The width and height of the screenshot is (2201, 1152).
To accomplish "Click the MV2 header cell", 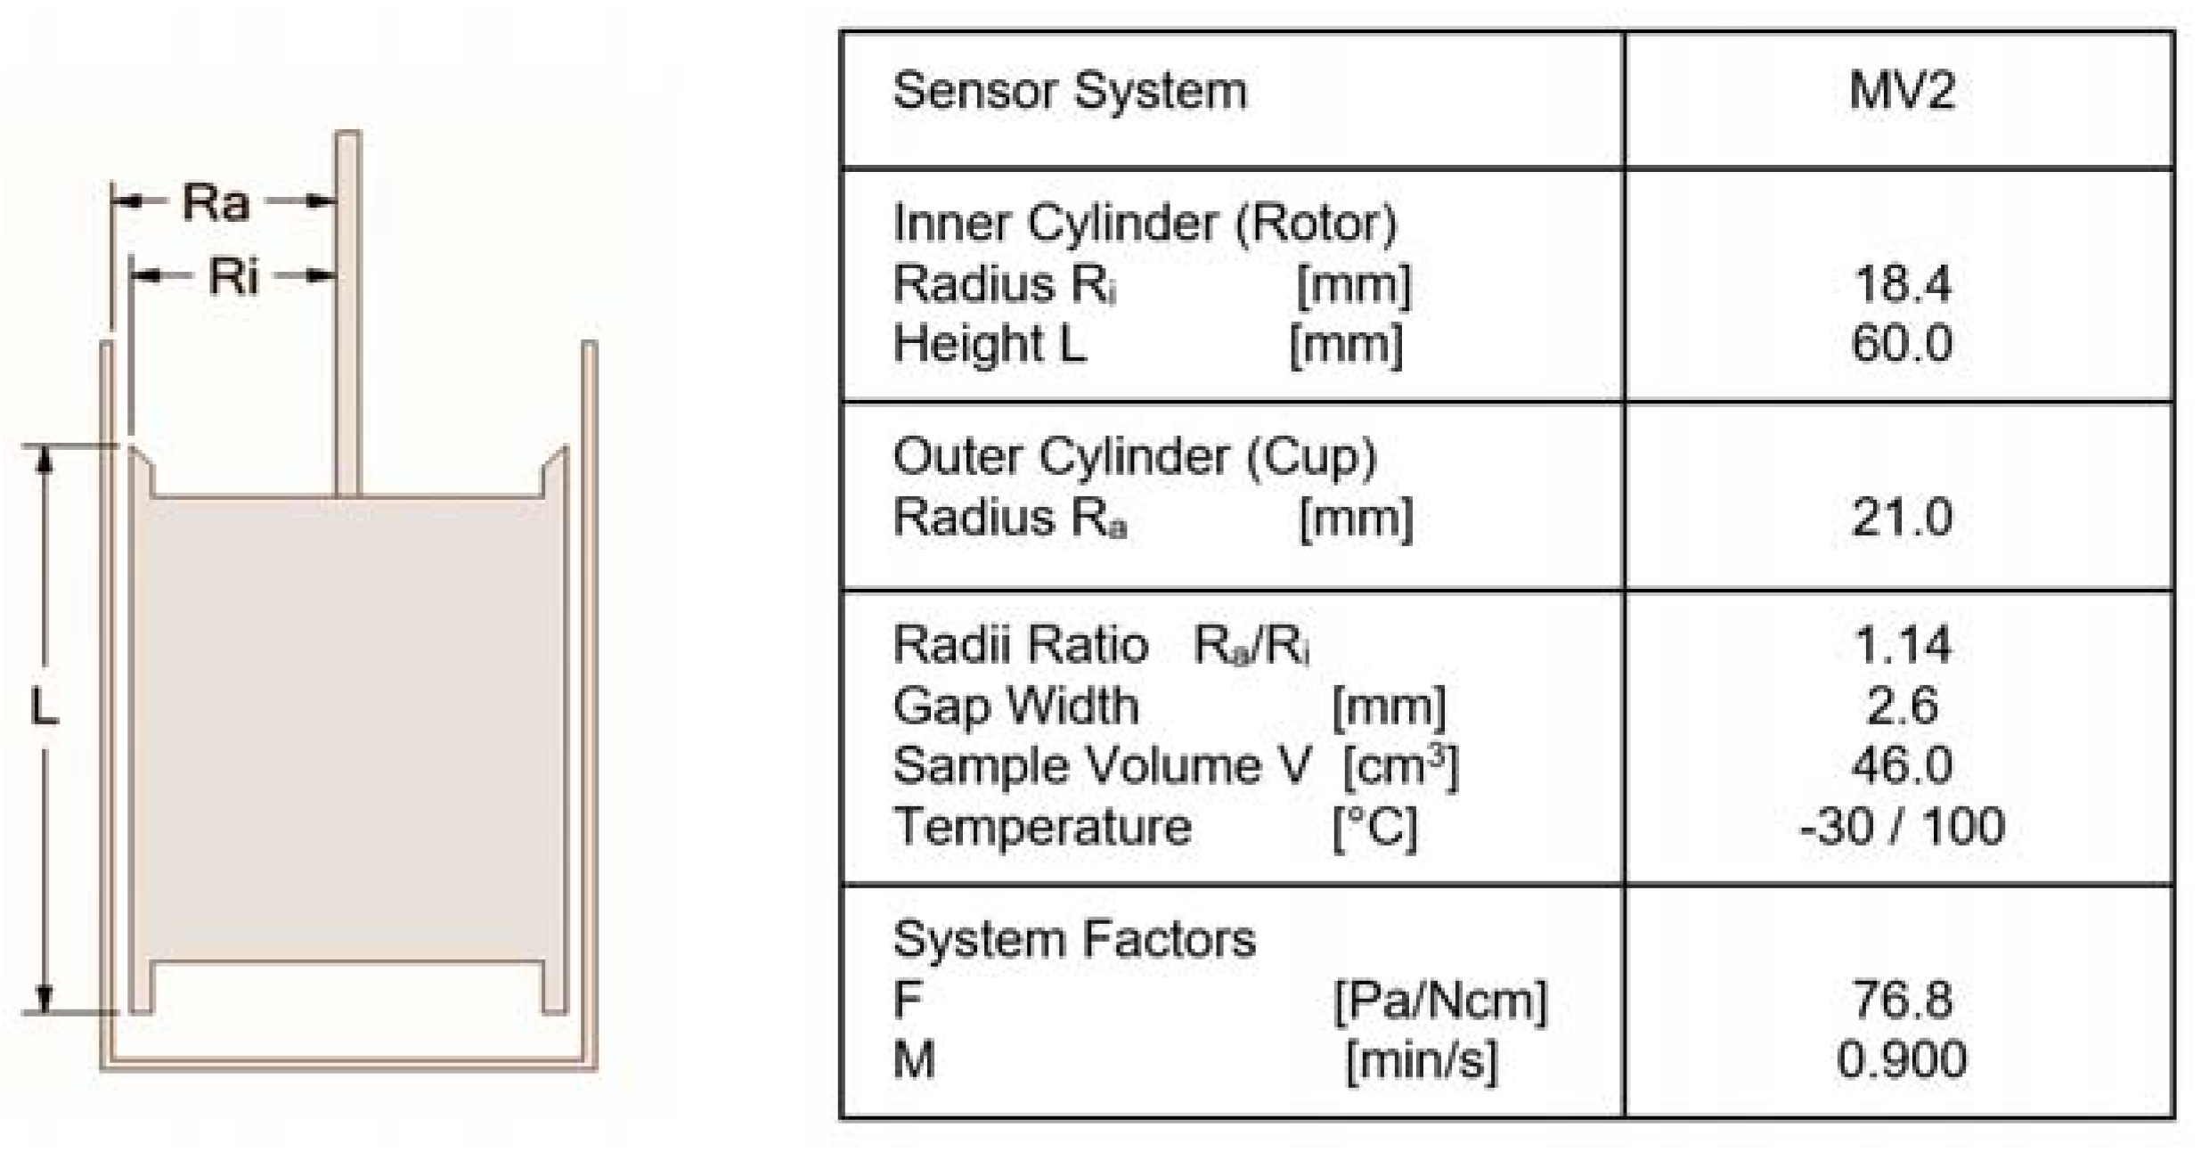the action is pyautogui.click(x=1901, y=90).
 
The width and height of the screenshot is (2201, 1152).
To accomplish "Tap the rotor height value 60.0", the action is pyautogui.click(x=1902, y=343).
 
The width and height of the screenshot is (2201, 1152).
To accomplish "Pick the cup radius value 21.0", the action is pyautogui.click(x=1902, y=517).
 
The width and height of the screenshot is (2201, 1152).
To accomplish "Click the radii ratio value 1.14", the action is pyautogui.click(x=1902, y=644).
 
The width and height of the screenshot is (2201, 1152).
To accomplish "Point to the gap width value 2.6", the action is pyautogui.click(x=1902, y=706).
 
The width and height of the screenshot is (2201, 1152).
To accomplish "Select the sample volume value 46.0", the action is pyautogui.click(x=1902, y=765).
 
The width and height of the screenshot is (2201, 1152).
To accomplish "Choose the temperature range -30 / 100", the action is pyautogui.click(x=1902, y=826).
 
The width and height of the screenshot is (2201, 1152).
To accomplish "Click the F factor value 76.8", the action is pyautogui.click(x=1902, y=999).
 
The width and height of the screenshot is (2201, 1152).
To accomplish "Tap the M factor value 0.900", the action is pyautogui.click(x=1902, y=1059).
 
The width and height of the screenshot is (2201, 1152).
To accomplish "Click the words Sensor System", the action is pyautogui.click(x=1070, y=91).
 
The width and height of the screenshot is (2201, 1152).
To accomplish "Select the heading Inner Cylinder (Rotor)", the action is pyautogui.click(x=1145, y=223).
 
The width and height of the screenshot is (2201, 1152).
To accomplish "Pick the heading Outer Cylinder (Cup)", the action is pyautogui.click(x=1134, y=457).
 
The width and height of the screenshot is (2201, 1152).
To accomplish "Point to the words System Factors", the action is pyautogui.click(x=1074, y=939).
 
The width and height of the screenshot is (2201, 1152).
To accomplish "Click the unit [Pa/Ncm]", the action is pyautogui.click(x=1440, y=1001).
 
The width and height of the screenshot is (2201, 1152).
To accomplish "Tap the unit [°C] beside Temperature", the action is pyautogui.click(x=1374, y=828).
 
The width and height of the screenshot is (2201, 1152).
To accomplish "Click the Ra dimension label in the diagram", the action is pyautogui.click(x=216, y=202).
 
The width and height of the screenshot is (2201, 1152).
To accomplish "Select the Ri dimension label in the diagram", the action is pyautogui.click(x=233, y=276).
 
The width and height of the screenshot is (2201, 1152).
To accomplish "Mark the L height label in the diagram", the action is pyautogui.click(x=44, y=709).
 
